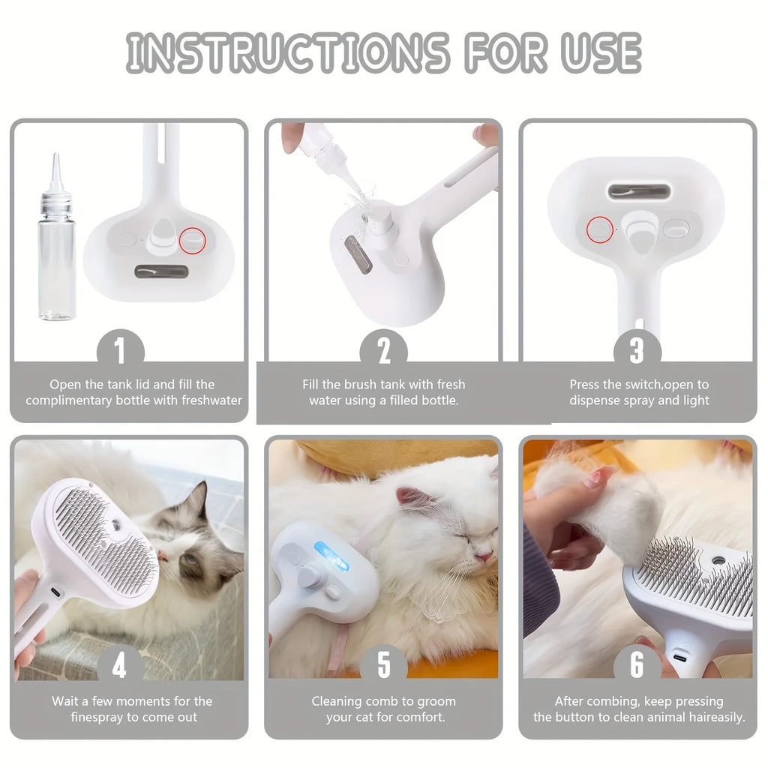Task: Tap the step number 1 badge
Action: pos(120,350)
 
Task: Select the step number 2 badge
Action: pos(383,350)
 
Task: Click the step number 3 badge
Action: pos(637,350)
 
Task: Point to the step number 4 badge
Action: pos(120,664)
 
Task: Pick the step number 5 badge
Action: pos(383,664)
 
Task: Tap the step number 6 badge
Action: pos(637,664)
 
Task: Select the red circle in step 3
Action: pos(598,229)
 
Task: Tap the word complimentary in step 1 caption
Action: pos(69,400)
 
